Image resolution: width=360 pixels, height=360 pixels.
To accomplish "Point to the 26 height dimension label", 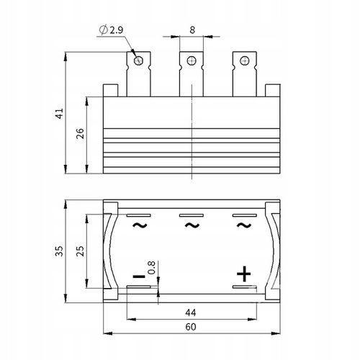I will point(80,134).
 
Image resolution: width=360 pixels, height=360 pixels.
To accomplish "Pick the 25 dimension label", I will point(80,251).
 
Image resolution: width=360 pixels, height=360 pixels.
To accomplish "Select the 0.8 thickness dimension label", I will point(150,268).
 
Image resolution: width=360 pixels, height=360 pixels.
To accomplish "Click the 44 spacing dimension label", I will point(191,311).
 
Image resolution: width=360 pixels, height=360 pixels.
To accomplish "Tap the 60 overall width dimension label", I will point(191,326).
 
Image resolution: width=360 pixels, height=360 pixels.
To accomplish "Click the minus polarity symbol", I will point(139,275).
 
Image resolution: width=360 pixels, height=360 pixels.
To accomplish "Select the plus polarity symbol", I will point(244,274).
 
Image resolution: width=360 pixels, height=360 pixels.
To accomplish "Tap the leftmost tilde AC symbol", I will point(139,226).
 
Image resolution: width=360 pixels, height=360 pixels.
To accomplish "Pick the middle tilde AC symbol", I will point(192,226).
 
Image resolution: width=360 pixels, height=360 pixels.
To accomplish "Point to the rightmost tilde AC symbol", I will point(244,226).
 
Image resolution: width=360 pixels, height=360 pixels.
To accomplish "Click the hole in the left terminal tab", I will point(139,60).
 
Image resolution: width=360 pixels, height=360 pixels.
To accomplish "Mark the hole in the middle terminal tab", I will point(192,60).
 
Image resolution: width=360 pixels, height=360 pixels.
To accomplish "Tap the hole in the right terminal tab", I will point(244,60).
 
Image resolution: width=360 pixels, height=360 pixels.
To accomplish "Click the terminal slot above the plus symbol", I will point(244,287).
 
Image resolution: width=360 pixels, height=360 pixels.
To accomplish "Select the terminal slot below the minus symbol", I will point(139,287).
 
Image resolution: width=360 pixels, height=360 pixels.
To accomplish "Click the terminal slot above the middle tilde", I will point(192,215).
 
